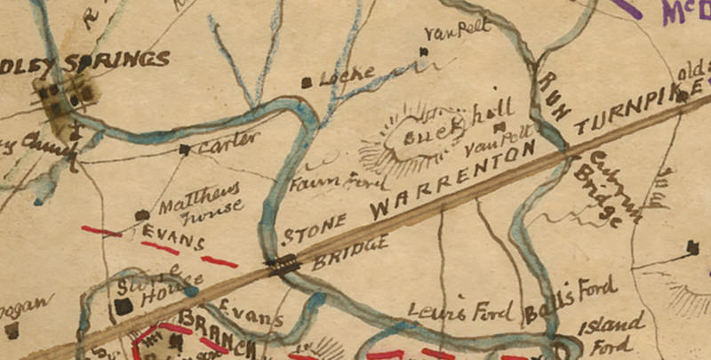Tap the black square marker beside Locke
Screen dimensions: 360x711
click(307, 83)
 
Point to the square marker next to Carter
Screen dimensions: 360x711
click(185, 150)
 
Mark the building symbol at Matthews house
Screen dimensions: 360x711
click(141, 214)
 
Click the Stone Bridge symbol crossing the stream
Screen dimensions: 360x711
click(284, 263)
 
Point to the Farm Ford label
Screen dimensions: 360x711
click(338, 183)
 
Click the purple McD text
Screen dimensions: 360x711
click(685, 12)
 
